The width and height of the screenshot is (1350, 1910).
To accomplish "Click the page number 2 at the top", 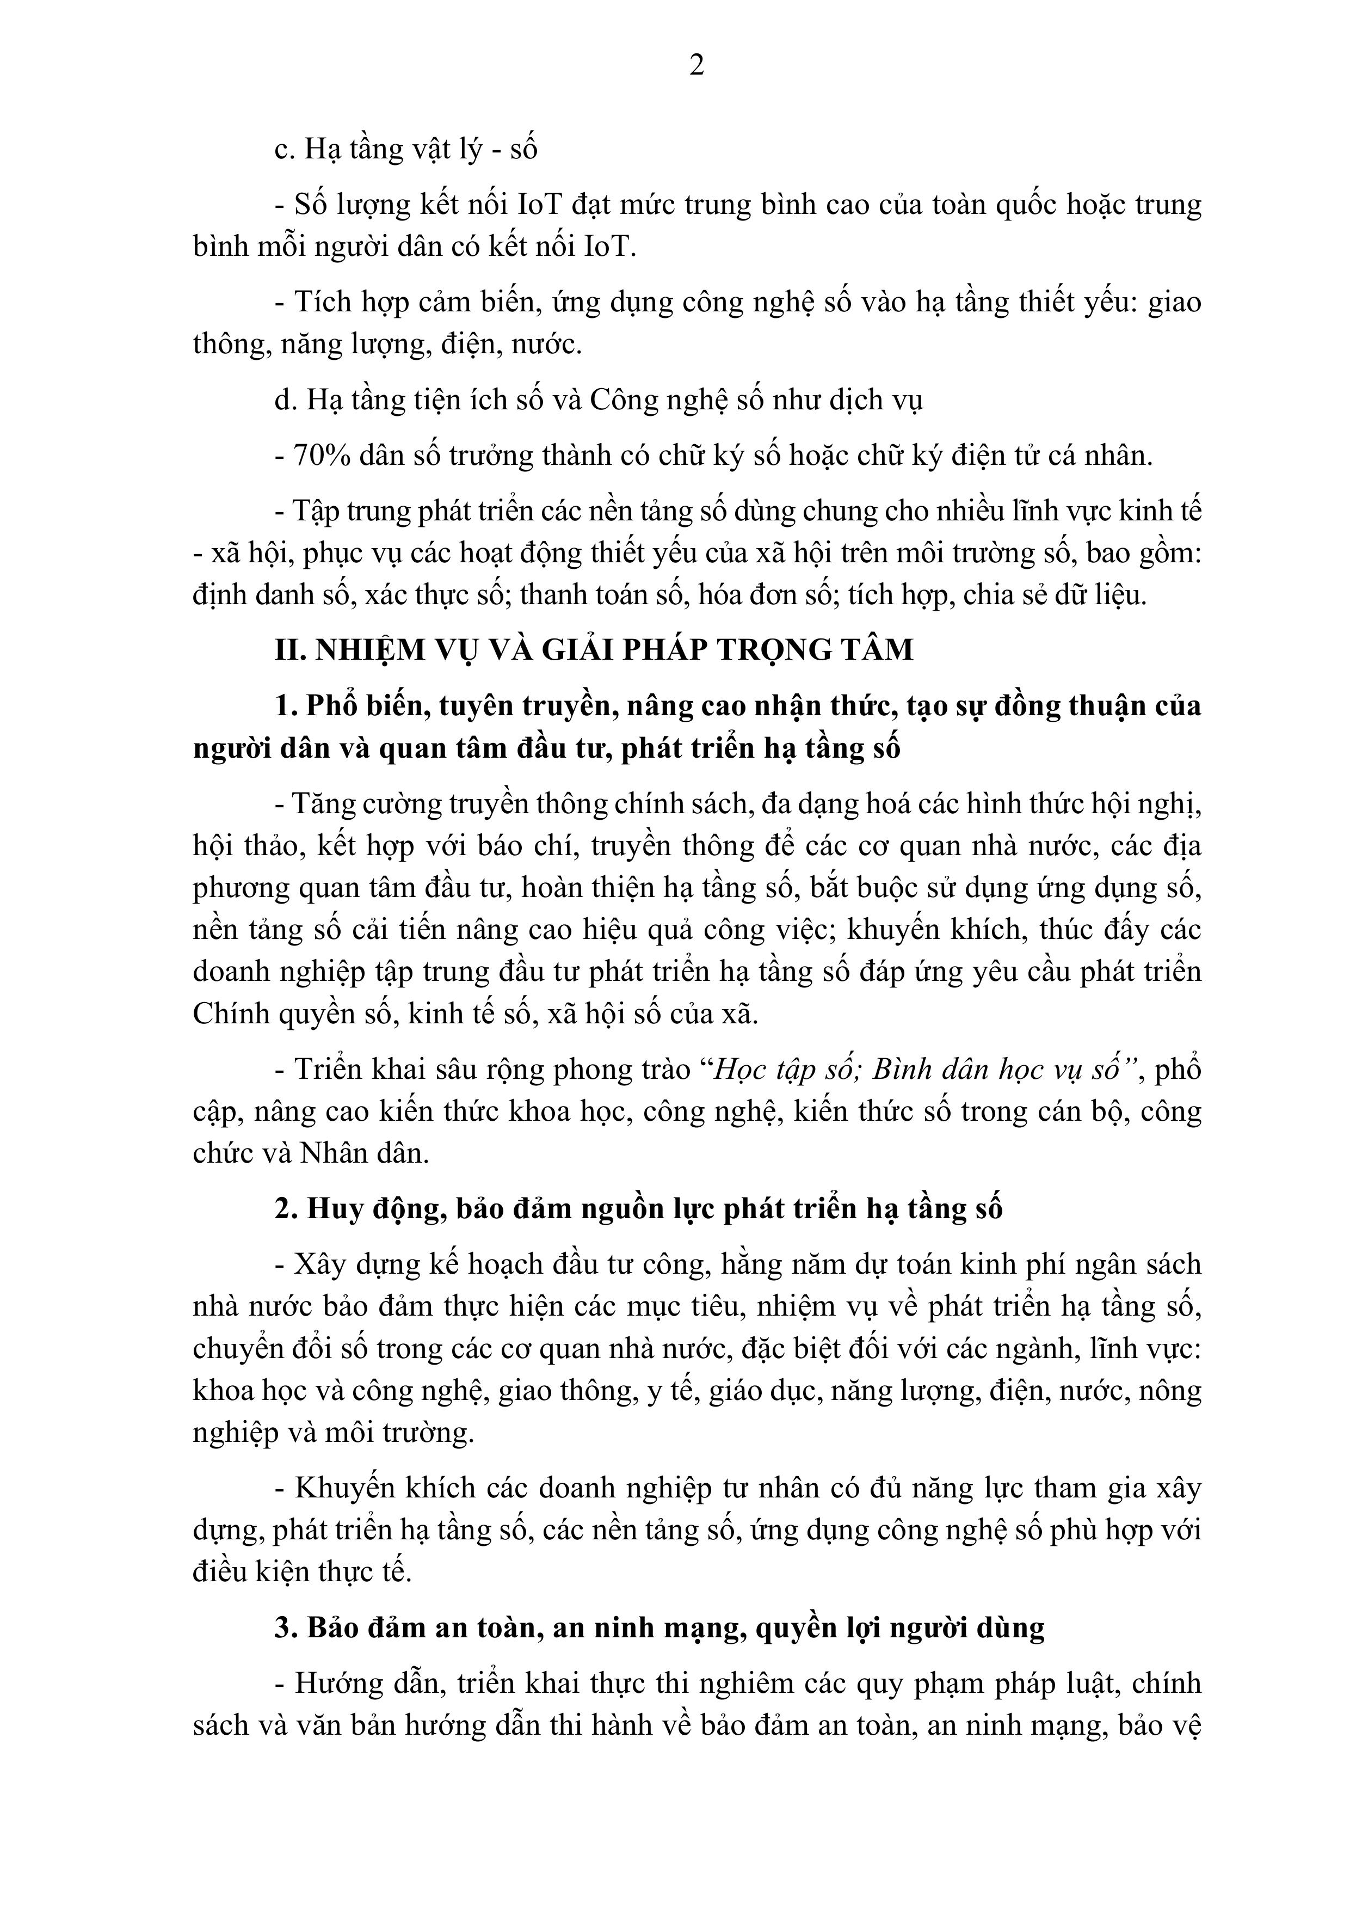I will [697, 65].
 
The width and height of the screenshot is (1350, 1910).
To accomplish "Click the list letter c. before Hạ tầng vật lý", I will [285, 150].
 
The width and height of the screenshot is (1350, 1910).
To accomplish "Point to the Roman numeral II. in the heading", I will [290, 650].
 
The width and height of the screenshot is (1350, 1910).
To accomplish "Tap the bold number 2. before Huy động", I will [286, 1209].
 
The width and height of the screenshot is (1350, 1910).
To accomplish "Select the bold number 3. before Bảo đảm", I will [286, 1627].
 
